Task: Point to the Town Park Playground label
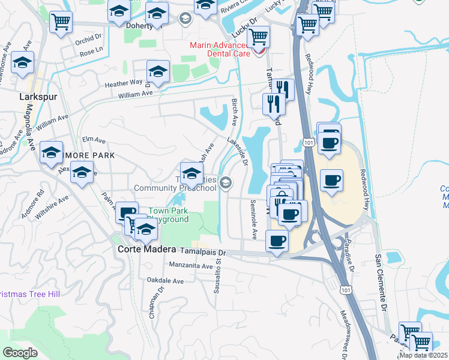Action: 169,215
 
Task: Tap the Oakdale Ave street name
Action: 166,280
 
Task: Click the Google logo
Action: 20,353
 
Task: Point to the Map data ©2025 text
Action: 424,355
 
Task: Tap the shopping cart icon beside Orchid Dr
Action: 61,23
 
